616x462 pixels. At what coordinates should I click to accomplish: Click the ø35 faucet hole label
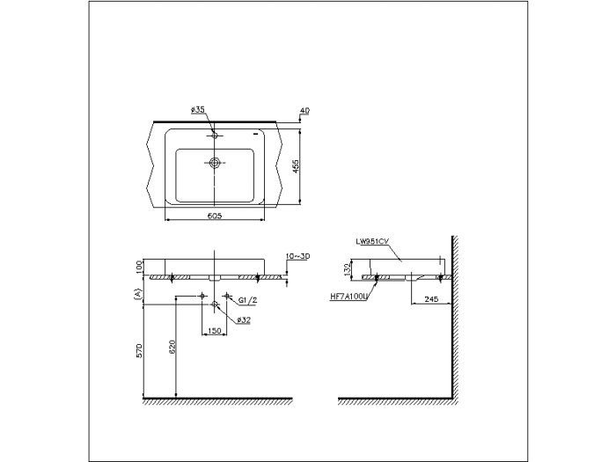[197, 110]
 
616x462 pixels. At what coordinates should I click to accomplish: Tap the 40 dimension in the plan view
[304, 111]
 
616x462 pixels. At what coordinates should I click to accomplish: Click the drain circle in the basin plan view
[215, 163]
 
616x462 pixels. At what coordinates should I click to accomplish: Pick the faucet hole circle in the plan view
[215, 136]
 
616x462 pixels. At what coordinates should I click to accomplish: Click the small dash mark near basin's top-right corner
[254, 135]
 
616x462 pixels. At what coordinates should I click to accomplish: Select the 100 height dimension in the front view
[138, 266]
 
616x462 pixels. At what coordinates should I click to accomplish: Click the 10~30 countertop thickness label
[298, 256]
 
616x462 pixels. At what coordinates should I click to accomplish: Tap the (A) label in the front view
[137, 293]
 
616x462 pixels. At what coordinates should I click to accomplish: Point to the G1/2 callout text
[247, 299]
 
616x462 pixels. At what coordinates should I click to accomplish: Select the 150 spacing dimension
[214, 332]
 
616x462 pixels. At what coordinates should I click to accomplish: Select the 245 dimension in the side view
[430, 299]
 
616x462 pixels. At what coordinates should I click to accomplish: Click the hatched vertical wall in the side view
[454, 317]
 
